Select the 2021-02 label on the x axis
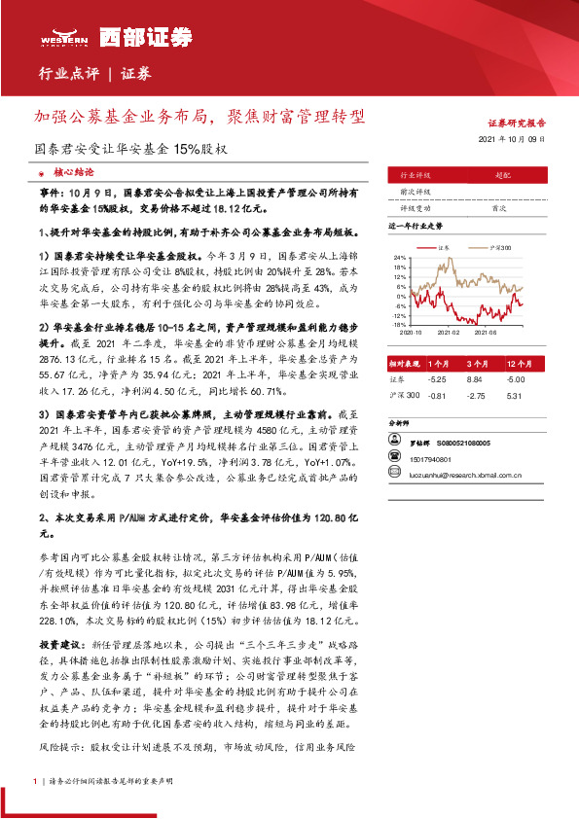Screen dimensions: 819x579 coord(448,331)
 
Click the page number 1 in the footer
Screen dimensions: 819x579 coord(35,781)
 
